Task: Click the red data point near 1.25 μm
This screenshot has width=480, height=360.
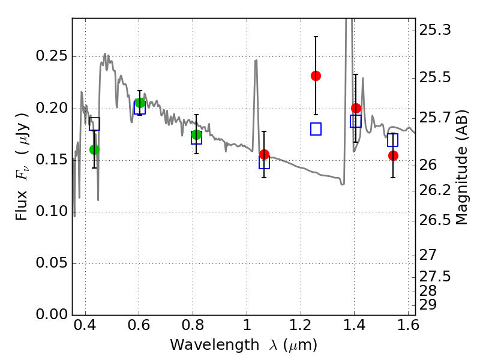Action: coord(316,76)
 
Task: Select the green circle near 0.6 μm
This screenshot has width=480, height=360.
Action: coord(140,103)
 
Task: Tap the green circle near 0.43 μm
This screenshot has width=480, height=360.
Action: coord(94,149)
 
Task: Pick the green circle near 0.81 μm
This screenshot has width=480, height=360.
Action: coord(196,134)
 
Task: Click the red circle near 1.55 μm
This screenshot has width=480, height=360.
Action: coord(393,155)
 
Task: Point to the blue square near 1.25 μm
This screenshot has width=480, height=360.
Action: coord(316,129)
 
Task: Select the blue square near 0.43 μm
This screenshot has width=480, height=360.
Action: coord(94,124)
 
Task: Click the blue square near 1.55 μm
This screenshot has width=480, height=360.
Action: coord(392,140)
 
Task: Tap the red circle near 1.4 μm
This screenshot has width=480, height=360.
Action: coord(356,108)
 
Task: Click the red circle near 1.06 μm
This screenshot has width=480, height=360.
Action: coord(264,154)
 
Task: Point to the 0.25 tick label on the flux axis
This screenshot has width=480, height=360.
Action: coord(52,56)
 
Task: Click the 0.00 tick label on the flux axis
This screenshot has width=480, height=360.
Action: coord(52,314)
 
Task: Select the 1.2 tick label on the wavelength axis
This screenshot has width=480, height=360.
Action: coord(301,325)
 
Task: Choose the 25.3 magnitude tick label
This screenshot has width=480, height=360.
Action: coord(434,30)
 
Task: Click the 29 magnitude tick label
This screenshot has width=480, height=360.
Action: coord(428,305)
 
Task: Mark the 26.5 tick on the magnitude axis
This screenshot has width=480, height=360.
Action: coord(434,220)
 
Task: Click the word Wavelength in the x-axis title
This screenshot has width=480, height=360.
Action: coord(215,345)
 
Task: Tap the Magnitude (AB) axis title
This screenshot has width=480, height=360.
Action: coord(462,167)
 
